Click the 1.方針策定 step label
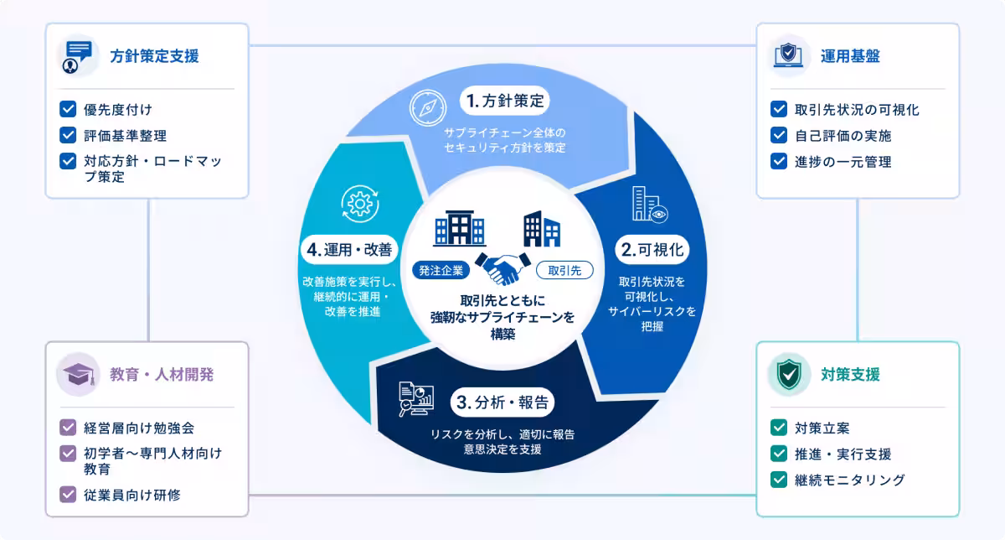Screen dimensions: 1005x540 tap(505, 101)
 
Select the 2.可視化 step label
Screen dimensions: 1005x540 tap(652, 249)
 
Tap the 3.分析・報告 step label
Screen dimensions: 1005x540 tap(502, 402)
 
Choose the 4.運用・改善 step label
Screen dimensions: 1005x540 tap(349, 249)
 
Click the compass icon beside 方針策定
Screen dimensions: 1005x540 tap(428, 108)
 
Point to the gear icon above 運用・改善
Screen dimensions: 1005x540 tap(360, 204)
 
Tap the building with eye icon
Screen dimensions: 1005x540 tap(650, 205)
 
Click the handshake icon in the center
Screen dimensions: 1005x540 tap(502, 268)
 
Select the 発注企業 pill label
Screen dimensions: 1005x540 tap(441, 271)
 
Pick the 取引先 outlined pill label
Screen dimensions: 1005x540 tap(564, 271)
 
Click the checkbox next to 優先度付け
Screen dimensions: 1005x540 tap(68, 109)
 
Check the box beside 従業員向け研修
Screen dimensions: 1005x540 tap(68, 495)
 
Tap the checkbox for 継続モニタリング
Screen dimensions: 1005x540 tap(779, 480)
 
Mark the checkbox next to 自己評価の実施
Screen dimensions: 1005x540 tap(779, 135)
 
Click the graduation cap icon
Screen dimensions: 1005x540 tap(79, 374)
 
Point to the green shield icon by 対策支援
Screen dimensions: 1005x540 tap(789, 374)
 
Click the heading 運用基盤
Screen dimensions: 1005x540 tap(850, 56)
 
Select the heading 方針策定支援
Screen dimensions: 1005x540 tap(154, 56)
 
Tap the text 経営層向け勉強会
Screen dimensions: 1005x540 tap(139, 428)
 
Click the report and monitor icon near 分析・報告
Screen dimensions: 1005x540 tap(416, 399)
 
